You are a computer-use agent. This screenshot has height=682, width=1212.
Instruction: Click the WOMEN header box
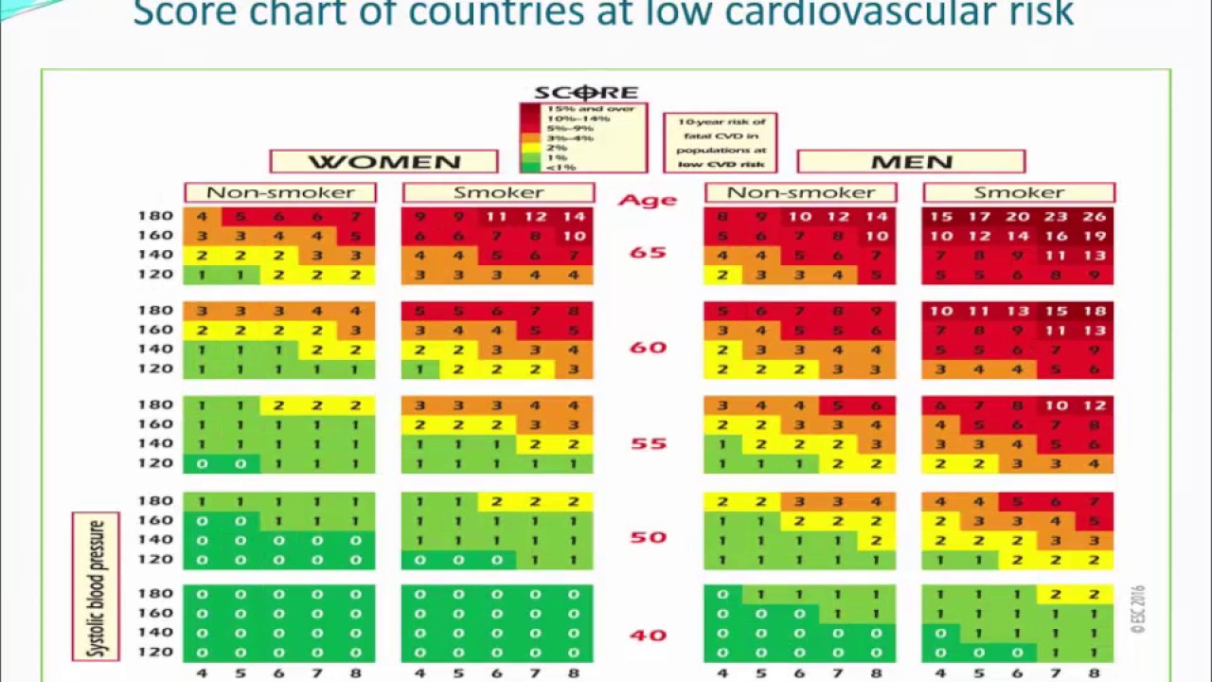pos(383,162)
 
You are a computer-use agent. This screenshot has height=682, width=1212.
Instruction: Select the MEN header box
pos(911,162)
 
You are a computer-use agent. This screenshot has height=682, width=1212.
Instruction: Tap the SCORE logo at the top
pos(586,92)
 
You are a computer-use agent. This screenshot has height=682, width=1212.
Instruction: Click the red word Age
pos(648,200)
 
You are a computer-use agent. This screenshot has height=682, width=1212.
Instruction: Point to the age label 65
pos(648,253)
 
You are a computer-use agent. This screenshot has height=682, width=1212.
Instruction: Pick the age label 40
pos(648,635)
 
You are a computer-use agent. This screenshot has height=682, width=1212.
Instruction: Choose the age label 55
pos(648,443)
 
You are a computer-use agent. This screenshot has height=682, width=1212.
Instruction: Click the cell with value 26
pos(1094,216)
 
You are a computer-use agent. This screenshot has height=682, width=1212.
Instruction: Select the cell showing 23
pos(1056,216)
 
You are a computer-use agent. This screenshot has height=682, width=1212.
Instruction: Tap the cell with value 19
pos(1094,236)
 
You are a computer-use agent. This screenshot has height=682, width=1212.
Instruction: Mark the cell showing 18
pos(1094,311)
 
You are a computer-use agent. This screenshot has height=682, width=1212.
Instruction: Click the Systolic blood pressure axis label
pos(96,587)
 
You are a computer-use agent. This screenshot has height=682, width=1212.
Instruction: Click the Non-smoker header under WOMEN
pos(280,193)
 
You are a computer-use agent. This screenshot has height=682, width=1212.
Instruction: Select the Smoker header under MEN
pos(1019,193)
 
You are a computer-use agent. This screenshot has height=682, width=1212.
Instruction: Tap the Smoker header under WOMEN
pos(498,193)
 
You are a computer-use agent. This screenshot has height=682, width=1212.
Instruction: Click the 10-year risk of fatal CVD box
pos(720,143)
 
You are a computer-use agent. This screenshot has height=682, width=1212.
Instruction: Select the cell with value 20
pos(1018,216)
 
